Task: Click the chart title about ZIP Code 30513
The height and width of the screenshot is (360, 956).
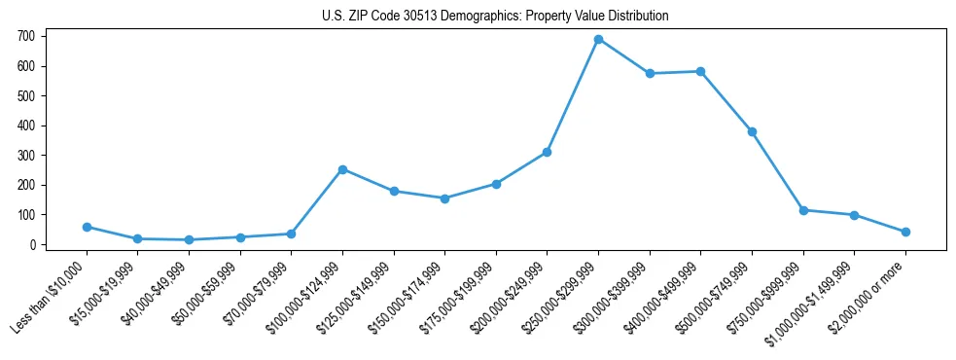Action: click(x=495, y=17)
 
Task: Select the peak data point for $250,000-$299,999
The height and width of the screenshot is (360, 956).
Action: click(x=598, y=39)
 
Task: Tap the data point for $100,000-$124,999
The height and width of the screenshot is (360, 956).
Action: click(x=342, y=169)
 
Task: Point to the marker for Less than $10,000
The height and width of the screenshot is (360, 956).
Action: click(x=87, y=227)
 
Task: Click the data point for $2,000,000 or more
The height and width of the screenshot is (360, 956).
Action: click(x=905, y=232)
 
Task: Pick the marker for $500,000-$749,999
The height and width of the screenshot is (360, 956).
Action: click(x=752, y=131)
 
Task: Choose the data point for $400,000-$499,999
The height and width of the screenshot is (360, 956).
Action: click(x=700, y=71)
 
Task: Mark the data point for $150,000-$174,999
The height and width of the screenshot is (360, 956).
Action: click(x=444, y=198)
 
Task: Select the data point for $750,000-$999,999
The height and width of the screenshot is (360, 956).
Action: click(x=803, y=210)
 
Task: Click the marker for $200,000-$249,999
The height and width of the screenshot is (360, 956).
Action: click(x=547, y=152)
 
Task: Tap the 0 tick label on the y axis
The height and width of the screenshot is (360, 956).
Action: click(x=32, y=245)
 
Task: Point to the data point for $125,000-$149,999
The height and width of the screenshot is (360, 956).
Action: click(x=394, y=191)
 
